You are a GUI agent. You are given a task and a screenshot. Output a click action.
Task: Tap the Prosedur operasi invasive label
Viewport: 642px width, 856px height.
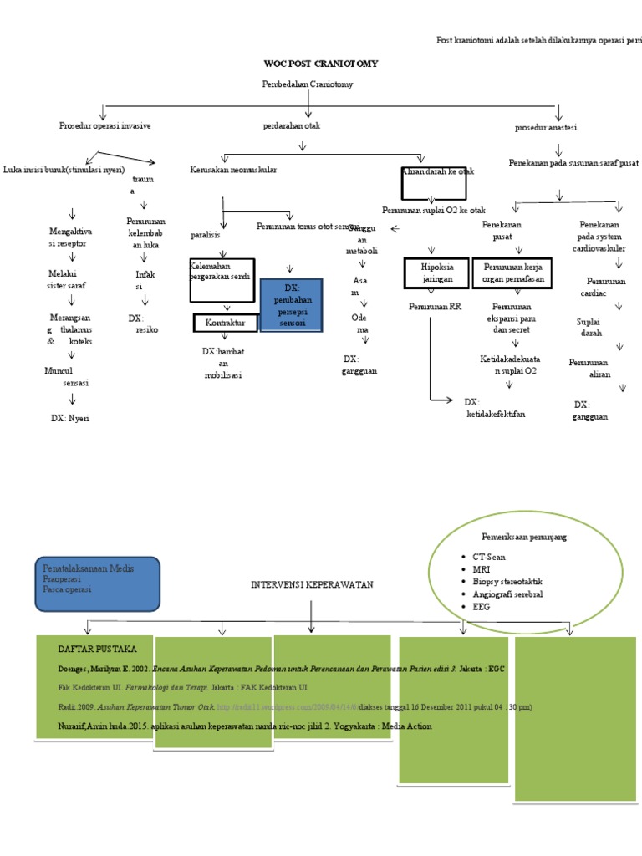coord(105,126)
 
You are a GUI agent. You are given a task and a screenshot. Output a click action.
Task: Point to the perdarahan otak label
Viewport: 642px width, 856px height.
coord(291,126)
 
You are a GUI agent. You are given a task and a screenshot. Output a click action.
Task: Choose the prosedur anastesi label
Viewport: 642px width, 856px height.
coord(546,128)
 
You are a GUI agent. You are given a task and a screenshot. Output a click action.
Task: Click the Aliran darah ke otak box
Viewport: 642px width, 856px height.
coord(434,181)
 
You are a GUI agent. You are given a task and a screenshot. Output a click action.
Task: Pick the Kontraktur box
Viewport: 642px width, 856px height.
coord(225,323)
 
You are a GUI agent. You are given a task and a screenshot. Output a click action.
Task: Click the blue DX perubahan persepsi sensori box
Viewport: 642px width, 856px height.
coord(292,305)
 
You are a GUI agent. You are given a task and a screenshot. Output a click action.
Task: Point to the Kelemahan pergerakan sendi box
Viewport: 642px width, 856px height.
coord(222,280)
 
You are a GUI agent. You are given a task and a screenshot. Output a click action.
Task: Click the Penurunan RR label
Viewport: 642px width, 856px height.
coord(435,307)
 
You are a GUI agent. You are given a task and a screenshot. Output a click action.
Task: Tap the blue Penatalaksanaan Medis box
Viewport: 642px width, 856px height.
coord(98,583)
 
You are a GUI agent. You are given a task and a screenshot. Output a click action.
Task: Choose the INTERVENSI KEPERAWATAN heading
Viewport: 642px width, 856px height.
coord(312,585)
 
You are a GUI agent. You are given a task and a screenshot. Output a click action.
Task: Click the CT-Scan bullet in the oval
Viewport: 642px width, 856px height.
coord(489,557)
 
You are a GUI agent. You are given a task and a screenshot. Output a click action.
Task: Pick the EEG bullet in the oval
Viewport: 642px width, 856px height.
coord(482,607)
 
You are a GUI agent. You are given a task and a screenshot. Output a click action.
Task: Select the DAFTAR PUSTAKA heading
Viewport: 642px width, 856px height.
coord(91,650)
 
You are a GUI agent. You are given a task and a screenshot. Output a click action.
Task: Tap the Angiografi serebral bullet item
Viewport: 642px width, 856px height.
coord(507,594)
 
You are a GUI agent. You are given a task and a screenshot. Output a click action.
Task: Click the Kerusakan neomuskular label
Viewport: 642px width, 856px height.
coord(233,170)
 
